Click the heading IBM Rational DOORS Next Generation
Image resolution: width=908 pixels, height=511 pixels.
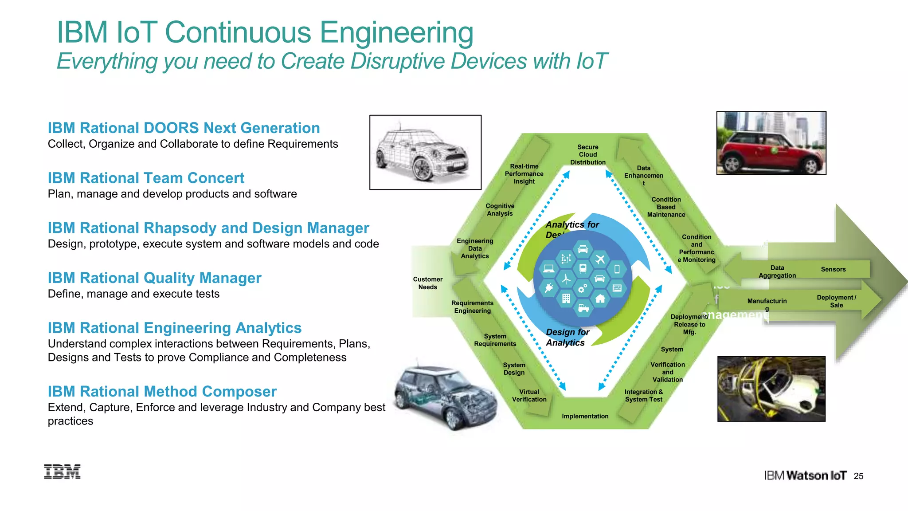(184, 128)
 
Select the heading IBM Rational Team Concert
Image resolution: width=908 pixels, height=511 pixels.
(146, 178)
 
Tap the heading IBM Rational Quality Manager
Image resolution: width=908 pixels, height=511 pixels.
(154, 278)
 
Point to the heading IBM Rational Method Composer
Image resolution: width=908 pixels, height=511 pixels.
(162, 392)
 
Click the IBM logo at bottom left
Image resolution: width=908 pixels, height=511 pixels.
(63, 472)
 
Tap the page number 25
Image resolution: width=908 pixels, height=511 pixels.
(858, 476)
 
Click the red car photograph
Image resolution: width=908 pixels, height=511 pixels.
(771, 143)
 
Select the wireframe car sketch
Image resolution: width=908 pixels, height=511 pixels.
(425, 153)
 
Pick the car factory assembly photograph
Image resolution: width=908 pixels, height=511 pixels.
(771, 389)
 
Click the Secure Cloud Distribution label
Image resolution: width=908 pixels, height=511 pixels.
(588, 155)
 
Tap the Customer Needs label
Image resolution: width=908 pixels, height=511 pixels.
(428, 283)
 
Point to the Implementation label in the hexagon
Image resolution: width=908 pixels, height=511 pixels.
(585, 416)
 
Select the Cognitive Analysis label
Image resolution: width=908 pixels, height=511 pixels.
(500, 210)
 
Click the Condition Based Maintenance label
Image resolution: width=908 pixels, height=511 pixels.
(666, 207)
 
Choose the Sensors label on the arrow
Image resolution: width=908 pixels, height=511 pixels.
(833, 269)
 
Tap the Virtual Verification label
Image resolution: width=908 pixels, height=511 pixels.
(529, 396)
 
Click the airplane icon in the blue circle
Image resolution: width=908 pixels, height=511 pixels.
(600, 259)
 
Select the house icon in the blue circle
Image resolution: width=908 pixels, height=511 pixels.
(600, 299)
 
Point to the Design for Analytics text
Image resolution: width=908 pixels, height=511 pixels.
(567, 338)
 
